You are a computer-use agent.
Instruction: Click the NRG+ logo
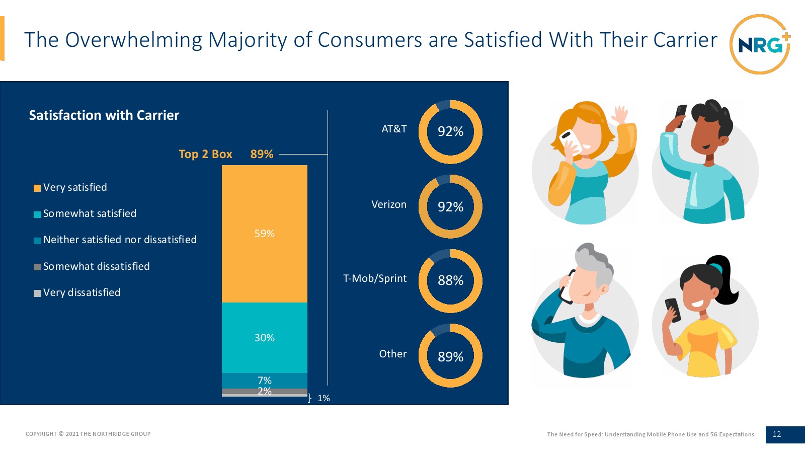click(x=760, y=44)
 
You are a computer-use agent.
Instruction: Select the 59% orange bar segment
click(x=265, y=234)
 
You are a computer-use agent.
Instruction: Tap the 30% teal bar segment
click(x=265, y=338)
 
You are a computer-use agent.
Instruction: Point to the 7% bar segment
click(x=265, y=381)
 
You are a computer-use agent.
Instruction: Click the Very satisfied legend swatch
click(x=37, y=188)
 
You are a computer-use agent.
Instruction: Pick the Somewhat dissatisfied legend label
click(x=97, y=266)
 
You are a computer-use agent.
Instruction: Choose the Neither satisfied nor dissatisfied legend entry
click(x=120, y=240)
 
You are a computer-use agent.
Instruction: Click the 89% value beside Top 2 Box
click(x=262, y=154)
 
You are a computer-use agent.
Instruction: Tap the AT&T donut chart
click(x=450, y=132)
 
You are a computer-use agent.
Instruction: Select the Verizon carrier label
click(x=389, y=204)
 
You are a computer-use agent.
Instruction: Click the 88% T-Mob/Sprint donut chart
click(x=450, y=281)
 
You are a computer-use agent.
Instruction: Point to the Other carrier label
click(x=393, y=354)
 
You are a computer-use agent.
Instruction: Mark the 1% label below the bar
click(x=324, y=398)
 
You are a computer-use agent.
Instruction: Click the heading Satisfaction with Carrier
click(x=104, y=115)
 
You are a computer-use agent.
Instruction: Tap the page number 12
click(x=777, y=434)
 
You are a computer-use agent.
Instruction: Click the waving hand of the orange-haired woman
click(x=620, y=115)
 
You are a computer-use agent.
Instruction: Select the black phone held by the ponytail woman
click(x=673, y=310)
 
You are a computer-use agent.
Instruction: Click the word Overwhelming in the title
click(x=134, y=40)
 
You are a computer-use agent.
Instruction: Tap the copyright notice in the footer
click(x=88, y=434)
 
